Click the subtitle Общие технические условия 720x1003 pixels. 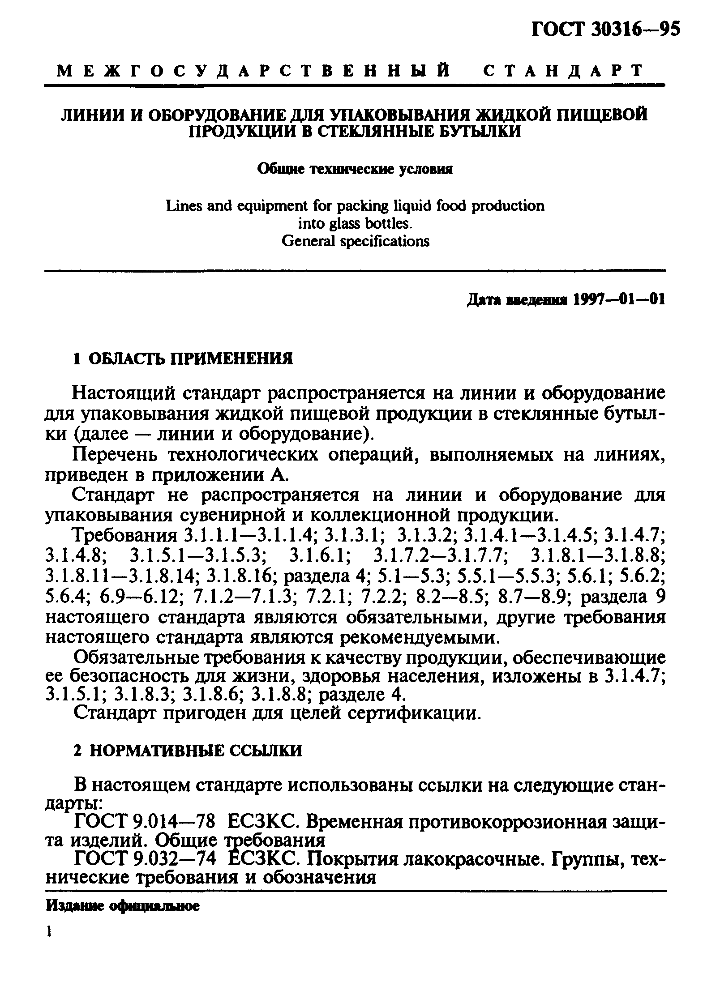(x=355, y=170)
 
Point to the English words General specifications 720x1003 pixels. (x=355, y=241)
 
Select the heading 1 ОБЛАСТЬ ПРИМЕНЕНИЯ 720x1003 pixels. (x=183, y=359)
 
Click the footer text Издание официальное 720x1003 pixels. (x=122, y=906)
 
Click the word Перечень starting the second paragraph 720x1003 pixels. (x=116, y=454)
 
